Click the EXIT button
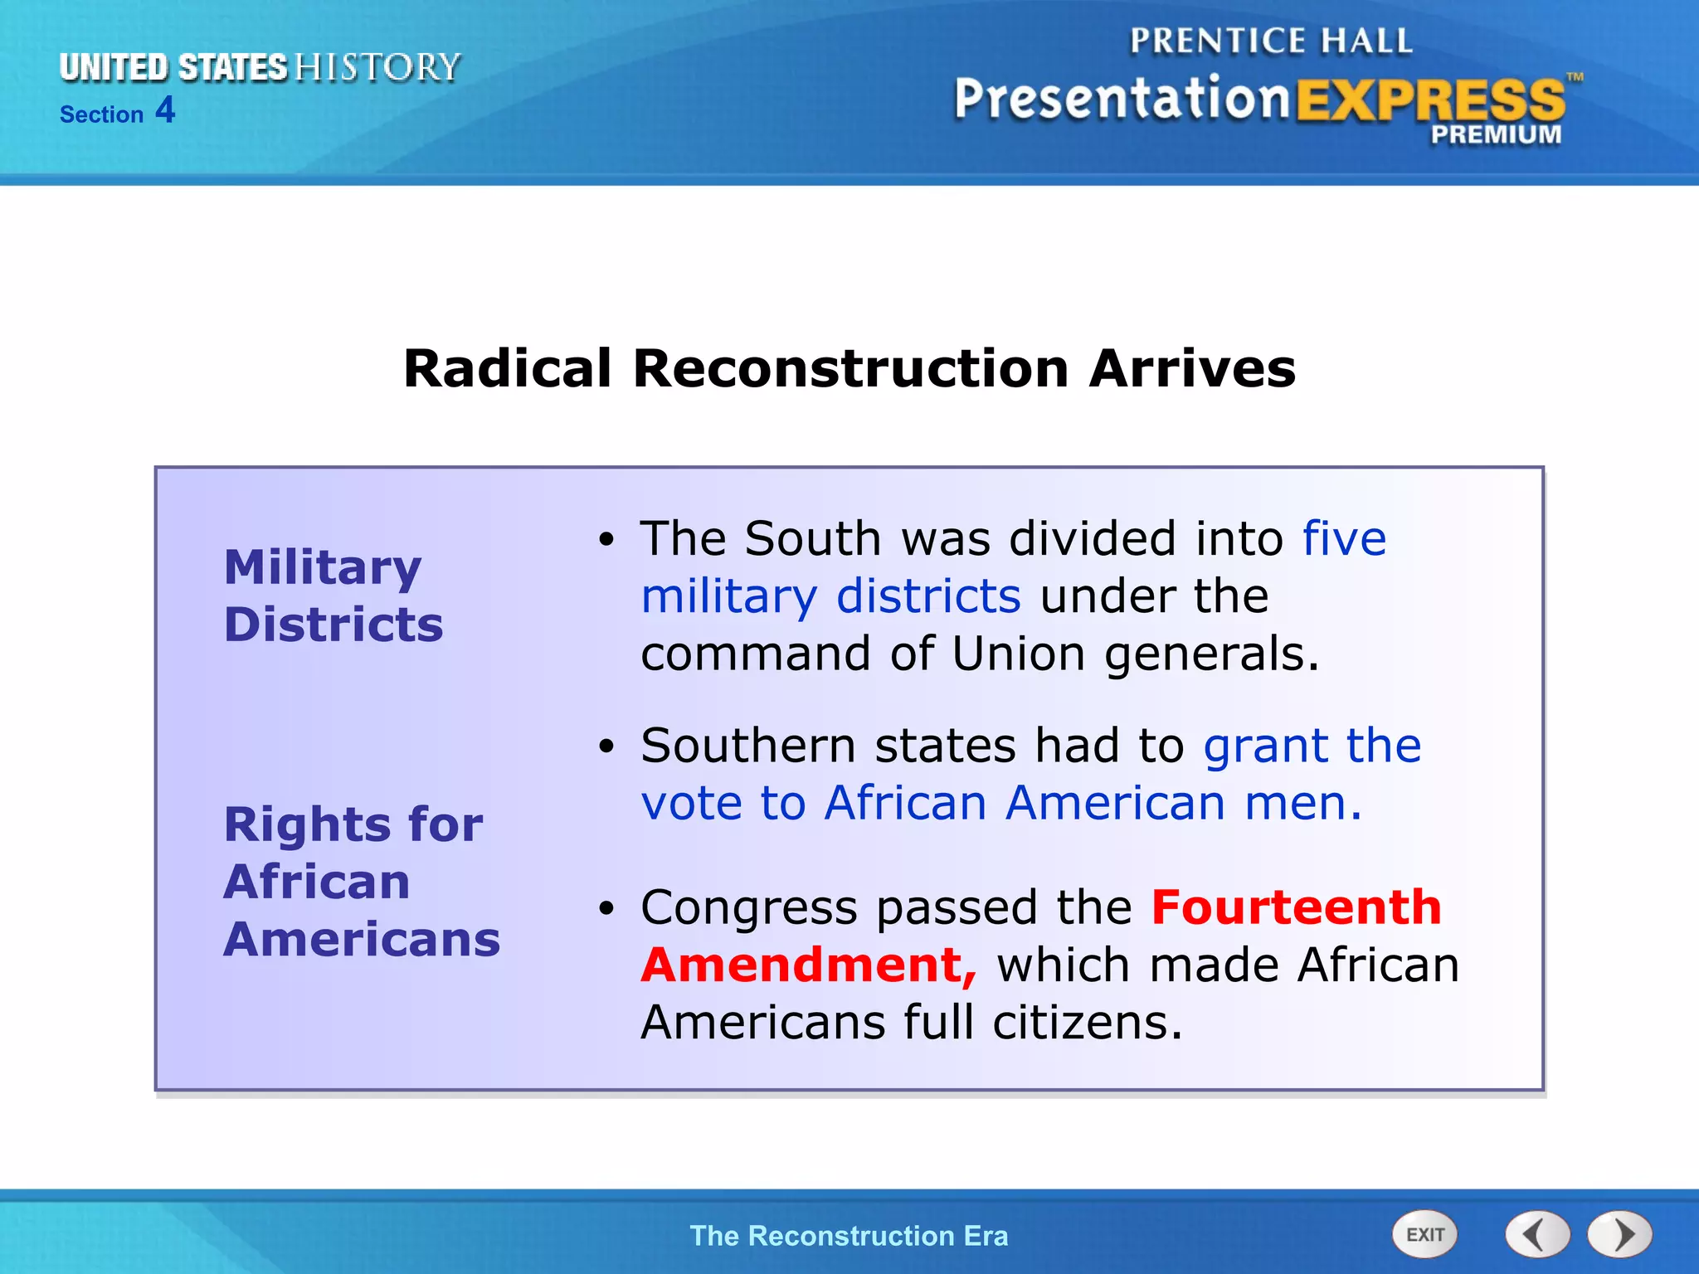point(1424,1234)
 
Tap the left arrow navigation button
point(1537,1234)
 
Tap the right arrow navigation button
point(1620,1234)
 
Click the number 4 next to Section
point(165,110)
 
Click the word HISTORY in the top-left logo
point(377,67)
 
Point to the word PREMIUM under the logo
point(1496,134)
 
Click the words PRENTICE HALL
point(1271,41)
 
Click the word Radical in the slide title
point(508,368)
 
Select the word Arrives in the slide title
point(1192,368)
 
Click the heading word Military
point(323,568)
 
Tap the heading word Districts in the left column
point(333,625)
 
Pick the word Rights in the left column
point(308,825)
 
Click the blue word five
point(1344,538)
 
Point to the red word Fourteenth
point(1297,907)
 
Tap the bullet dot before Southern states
point(607,746)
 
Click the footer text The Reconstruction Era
point(849,1236)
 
